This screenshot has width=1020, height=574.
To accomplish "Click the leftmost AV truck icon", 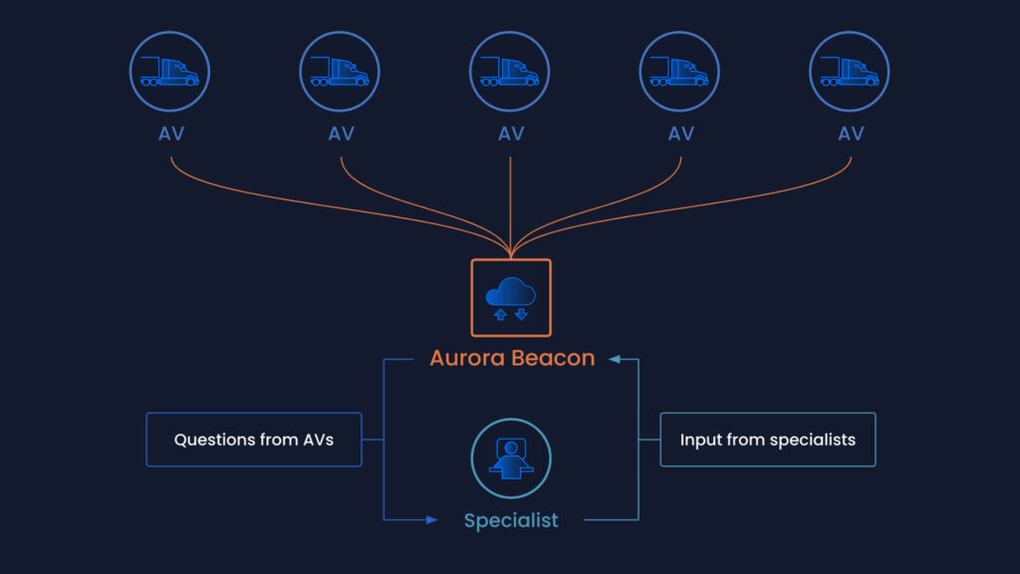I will coord(170,71).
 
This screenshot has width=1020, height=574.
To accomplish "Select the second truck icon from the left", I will coord(341,71).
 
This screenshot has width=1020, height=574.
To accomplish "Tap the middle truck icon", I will coord(510,71).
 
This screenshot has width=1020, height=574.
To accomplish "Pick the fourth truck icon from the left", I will coord(680,71).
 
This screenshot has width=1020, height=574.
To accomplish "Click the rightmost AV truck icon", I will coord(850,71).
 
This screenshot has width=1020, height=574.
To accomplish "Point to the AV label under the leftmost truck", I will coord(171,134).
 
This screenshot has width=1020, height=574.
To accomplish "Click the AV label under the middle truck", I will coord(511,134).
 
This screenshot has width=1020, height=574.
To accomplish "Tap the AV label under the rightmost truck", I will coord(851,134).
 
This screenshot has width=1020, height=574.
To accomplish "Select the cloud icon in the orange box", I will coord(510,293).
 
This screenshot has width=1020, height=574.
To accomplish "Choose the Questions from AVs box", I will coord(254,439).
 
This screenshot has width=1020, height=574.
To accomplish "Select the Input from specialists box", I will coord(767,439).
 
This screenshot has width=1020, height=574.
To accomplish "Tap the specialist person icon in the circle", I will coord(510,458).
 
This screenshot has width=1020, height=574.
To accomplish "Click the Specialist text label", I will coord(511,520).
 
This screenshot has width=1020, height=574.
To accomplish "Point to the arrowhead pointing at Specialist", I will coord(431,520).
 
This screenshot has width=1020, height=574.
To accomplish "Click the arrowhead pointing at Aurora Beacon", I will coord(615,359).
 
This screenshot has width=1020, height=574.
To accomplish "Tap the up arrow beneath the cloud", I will coord(500,314).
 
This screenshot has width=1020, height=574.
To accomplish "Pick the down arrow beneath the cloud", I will coord(521,314).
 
